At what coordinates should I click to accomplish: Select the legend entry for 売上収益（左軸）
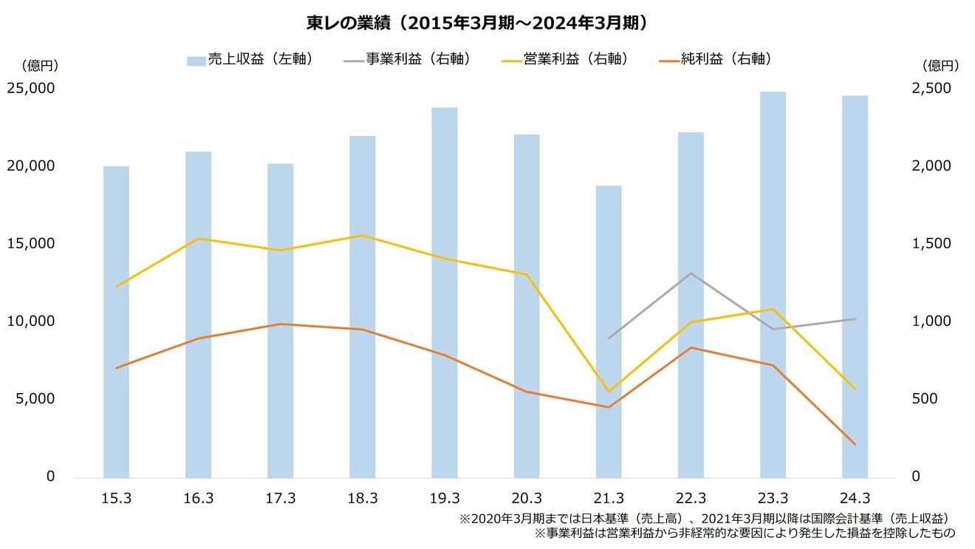pos(251,60)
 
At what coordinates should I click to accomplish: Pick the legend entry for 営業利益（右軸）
pos(565,60)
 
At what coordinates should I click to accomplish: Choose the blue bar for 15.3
pos(116,321)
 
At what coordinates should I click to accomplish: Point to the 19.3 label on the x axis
pos(445,498)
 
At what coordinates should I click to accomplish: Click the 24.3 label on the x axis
pos(855,498)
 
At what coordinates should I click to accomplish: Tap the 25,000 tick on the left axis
pos(30,88)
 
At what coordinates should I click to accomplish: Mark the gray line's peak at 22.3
pos(691,273)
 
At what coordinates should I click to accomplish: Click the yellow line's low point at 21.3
pos(609,392)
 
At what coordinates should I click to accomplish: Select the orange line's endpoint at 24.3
pos(855,444)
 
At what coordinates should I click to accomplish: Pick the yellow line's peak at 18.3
pos(363,236)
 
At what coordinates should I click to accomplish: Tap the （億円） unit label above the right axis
pos(940,65)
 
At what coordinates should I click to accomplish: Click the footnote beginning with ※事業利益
pos(745,532)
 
